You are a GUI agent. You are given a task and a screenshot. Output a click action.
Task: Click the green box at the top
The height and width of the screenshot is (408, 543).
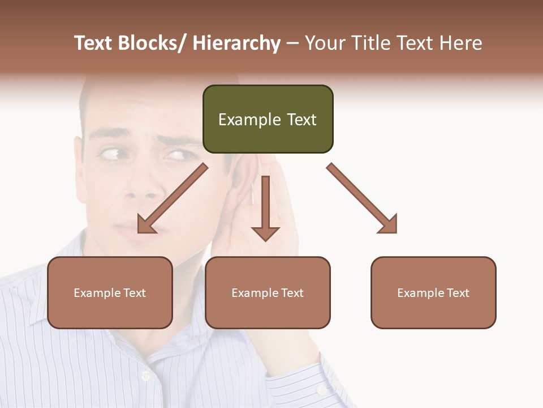click(x=268, y=119)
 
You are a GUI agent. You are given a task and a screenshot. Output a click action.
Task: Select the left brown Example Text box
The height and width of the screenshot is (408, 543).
click(x=110, y=292)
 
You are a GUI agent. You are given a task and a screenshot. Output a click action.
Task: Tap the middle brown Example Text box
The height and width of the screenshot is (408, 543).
click(x=268, y=292)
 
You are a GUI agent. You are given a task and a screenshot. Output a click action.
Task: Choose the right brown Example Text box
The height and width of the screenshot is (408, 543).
click(x=433, y=292)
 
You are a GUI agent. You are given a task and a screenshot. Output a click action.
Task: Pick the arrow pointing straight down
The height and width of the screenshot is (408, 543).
click(x=265, y=210)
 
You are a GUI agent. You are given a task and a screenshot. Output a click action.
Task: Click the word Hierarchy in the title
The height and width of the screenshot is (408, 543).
click(x=236, y=44)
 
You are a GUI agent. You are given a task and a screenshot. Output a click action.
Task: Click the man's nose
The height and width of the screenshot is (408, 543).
click(x=139, y=187)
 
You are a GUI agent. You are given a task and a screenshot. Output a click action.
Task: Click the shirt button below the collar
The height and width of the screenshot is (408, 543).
click(x=146, y=375)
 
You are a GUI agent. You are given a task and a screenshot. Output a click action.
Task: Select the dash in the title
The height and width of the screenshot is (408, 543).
click(x=292, y=44)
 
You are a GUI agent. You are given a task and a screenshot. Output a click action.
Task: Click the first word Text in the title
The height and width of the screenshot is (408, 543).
click(x=94, y=44)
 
